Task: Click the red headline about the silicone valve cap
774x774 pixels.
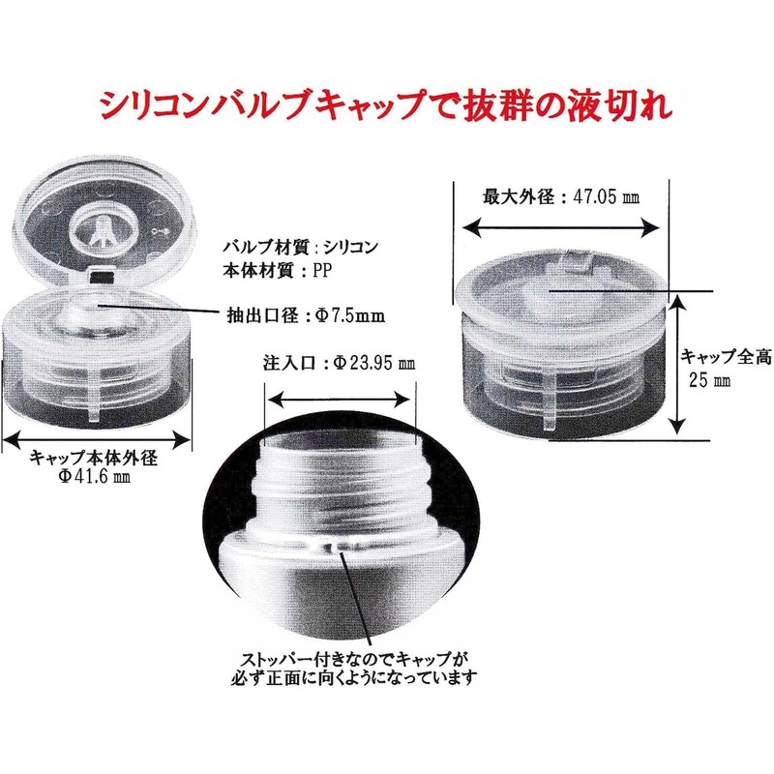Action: click(x=386, y=103)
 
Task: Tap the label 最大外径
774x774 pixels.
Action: click(x=519, y=196)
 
